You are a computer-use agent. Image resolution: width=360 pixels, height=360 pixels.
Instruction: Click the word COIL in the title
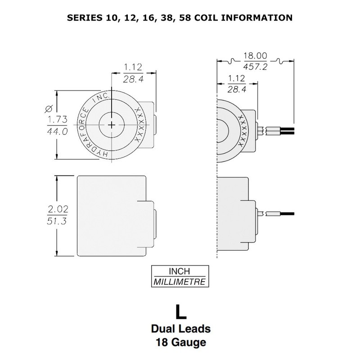[x=206, y=18]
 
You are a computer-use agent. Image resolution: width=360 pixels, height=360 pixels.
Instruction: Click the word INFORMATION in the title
[x=256, y=18]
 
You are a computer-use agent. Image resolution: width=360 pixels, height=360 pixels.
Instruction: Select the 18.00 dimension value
[x=255, y=56]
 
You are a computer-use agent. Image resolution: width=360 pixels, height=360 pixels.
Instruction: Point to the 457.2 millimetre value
[x=255, y=67]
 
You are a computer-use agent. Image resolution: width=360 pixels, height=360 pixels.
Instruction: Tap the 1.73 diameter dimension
[x=58, y=119]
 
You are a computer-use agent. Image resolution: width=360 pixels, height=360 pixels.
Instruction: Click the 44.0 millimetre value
[x=58, y=131]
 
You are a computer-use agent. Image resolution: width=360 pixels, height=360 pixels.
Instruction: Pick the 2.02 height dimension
[x=58, y=209]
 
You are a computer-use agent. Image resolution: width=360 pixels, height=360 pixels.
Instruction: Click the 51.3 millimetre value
[x=57, y=221]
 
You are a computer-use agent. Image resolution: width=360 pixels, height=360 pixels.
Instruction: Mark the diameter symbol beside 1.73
[x=49, y=108]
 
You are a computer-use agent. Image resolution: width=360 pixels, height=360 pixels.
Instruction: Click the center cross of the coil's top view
[x=112, y=125]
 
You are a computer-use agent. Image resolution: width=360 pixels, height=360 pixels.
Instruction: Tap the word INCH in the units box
[x=179, y=271]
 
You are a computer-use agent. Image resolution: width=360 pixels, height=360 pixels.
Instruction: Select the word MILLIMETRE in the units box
[x=180, y=282]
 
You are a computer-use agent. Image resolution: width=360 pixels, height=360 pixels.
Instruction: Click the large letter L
[x=181, y=312]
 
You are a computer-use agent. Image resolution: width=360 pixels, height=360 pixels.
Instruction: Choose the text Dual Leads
[x=181, y=329]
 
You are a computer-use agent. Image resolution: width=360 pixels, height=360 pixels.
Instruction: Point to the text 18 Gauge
[x=181, y=342]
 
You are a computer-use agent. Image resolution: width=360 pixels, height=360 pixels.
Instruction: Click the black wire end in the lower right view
[x=287, y=214]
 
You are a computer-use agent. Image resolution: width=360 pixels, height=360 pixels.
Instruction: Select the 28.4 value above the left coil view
[x=133, y=79]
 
